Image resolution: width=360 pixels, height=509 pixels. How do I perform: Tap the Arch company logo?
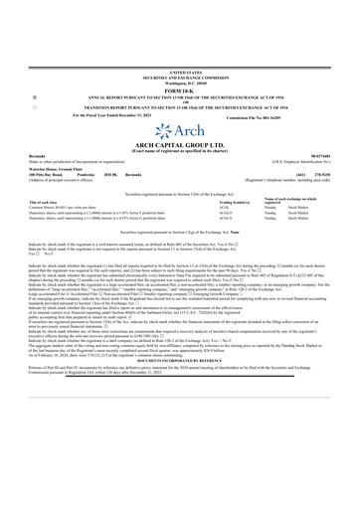pyautogui.click(x=179, y=133)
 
